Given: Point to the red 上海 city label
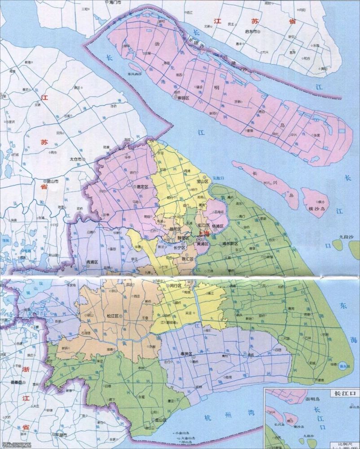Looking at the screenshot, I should tap(203, 234).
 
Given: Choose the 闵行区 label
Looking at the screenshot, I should tap(175, 286).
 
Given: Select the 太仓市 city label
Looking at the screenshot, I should tap(75, 159).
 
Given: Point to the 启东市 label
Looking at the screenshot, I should tap(249, 32).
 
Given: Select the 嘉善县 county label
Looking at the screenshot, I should tap(31, 383).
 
